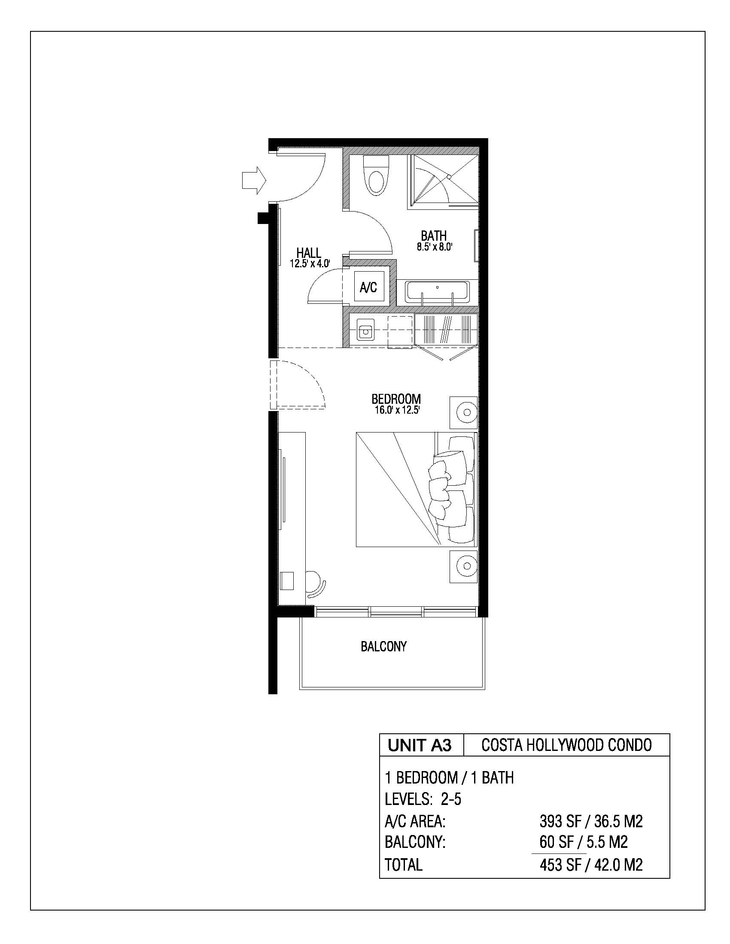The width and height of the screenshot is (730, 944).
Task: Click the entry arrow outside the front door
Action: click(253, 180)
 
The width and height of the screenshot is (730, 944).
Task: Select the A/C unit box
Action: click(368, 287)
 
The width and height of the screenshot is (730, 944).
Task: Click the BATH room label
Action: click(434, 236)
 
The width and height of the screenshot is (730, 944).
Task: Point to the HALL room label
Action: click(309, 253)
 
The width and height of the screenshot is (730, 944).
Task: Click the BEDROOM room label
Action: click(396, 399)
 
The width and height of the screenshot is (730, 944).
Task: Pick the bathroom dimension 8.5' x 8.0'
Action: click(435, 247)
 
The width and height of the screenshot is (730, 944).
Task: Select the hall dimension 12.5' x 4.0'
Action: click(310, 263)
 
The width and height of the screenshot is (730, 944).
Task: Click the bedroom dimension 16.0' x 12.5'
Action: click(397, 410)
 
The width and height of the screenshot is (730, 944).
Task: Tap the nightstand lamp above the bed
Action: click(464, 412)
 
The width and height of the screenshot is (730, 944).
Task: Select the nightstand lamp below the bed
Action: click(464, 566)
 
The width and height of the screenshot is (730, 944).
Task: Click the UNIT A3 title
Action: click(420, 745)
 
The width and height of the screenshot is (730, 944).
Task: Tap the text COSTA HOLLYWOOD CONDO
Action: click(566, 745)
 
